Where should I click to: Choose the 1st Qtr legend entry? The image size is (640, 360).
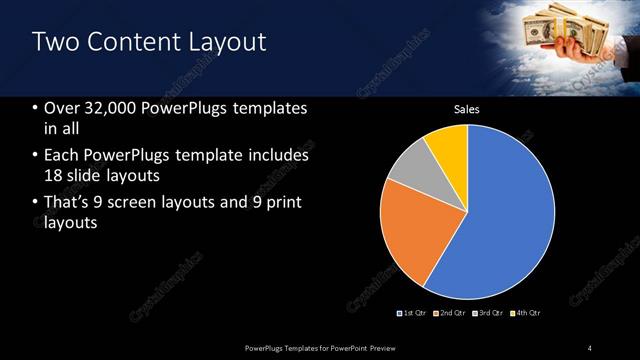click(x=412, y=313)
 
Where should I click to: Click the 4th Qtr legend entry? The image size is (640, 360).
click(x=526, y=313)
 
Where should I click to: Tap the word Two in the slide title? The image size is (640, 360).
click(x=54, y=42)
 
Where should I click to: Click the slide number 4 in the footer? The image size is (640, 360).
click(x=590, y=347)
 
